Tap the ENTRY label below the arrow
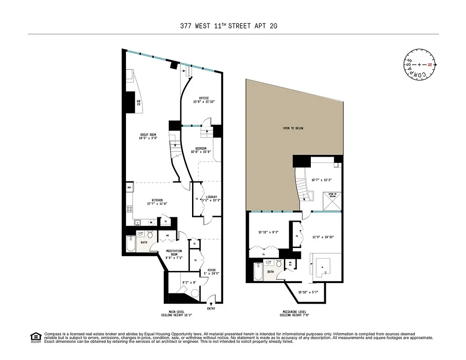coord(211,308)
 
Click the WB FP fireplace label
coord(139,102)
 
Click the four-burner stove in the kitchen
coord(130,209)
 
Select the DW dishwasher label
coord(151,222)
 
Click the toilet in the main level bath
coord(151,235)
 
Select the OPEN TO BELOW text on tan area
coord(293,128)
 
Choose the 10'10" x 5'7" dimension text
coord(308,293)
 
